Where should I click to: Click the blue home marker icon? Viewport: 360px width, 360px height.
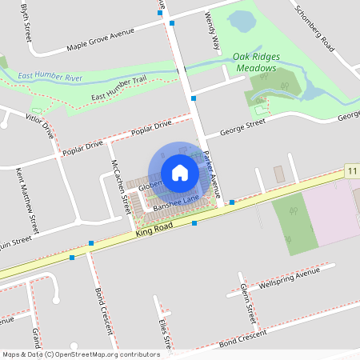180,172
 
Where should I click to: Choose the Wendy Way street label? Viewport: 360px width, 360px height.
212,30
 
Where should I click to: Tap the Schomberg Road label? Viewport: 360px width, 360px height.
314,31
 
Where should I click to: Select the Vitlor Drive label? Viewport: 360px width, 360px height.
39,126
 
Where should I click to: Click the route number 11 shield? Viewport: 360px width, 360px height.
353,172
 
